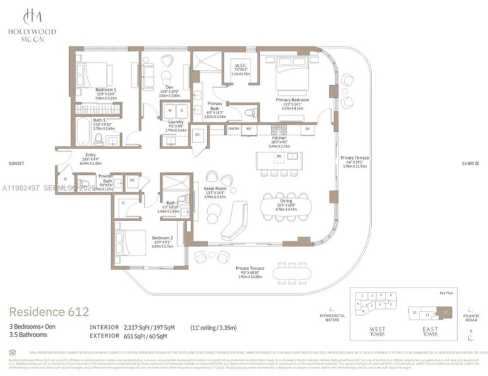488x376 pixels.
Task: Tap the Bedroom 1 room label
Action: click(106, 90)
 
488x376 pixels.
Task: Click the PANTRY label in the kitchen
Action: click(234, 129)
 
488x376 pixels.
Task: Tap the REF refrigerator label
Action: click(248, 129)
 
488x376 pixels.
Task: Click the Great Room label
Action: click(215, 190)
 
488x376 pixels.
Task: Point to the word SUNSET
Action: click(16, 164)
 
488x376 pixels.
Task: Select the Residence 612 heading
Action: click(48, 311)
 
